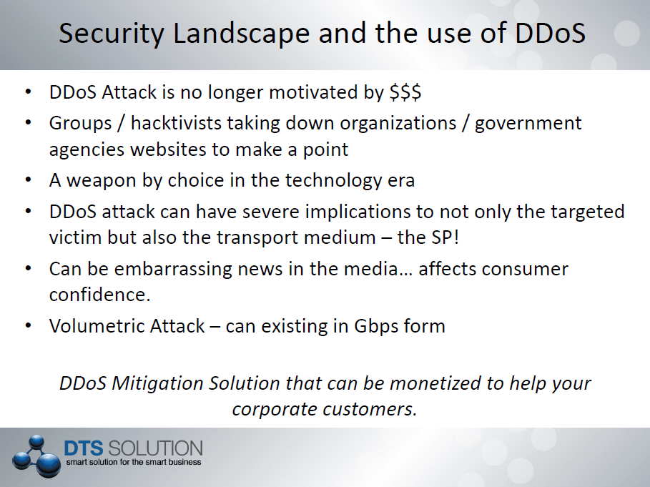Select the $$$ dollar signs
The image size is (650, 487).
[405, 92]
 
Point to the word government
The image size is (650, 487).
[528, 124]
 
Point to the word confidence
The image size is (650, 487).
[99, 295]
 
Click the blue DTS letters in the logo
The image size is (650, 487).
[84, 448]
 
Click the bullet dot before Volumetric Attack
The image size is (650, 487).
[28, 326]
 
